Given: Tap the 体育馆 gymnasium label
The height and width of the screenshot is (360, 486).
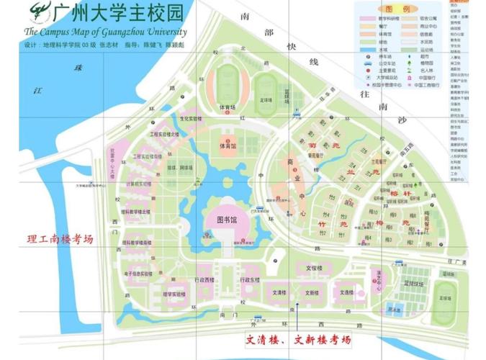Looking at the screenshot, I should coord(228,145).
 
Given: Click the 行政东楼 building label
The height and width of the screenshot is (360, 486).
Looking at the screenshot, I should coord(250,279).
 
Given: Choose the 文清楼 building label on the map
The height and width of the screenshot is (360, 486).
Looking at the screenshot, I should coord(279,293).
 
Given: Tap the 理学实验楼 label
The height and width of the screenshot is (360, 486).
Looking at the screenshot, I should coord(174,294).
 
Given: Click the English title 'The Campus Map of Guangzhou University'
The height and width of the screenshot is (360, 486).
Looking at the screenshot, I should coord(105,32).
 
